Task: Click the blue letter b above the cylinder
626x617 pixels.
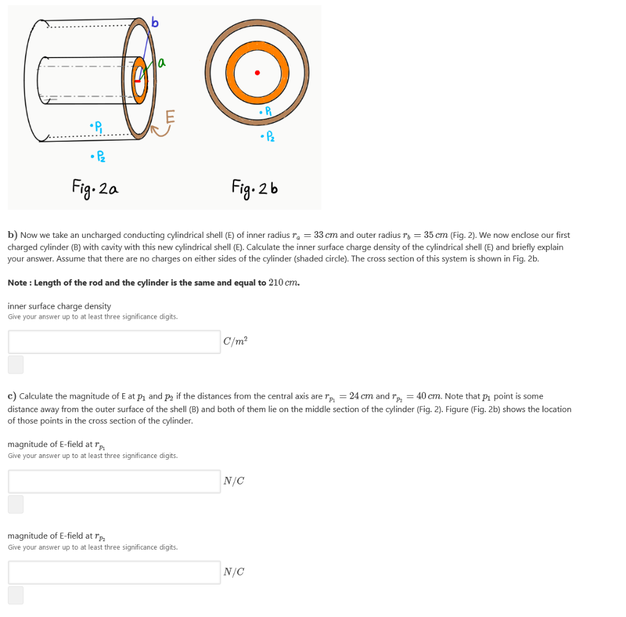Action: coord(155,24)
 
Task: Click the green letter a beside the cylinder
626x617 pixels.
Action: coord(161,62)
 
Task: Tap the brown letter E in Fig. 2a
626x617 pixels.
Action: coord(170,116)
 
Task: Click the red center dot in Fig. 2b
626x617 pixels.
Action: coord(257,73)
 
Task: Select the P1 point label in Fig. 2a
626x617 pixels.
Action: coord(97,128)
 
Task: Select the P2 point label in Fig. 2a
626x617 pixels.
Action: coord(97,158)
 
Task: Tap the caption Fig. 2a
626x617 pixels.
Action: coord(95,186)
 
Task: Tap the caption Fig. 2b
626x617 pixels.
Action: coord(255,186)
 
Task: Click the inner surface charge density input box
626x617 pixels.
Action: coord(114,342)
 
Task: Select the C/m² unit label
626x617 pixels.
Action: coord(235,342)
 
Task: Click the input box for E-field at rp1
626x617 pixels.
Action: coord(114,481)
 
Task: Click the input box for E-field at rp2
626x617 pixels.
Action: coord(114,572)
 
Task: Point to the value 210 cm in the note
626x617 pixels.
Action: coord(284,283)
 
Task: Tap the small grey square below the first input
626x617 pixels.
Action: coord(16,364)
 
